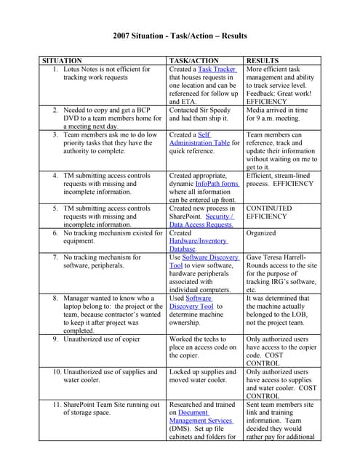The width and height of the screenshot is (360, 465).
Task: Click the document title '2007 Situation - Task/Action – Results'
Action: click(x=180, y=36)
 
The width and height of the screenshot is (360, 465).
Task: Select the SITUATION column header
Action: click(x=62, y=60)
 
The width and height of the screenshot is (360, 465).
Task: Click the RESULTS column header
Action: click(x=263, y=60)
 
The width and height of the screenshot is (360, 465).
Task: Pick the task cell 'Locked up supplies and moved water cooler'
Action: click(x=203, y=376)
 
